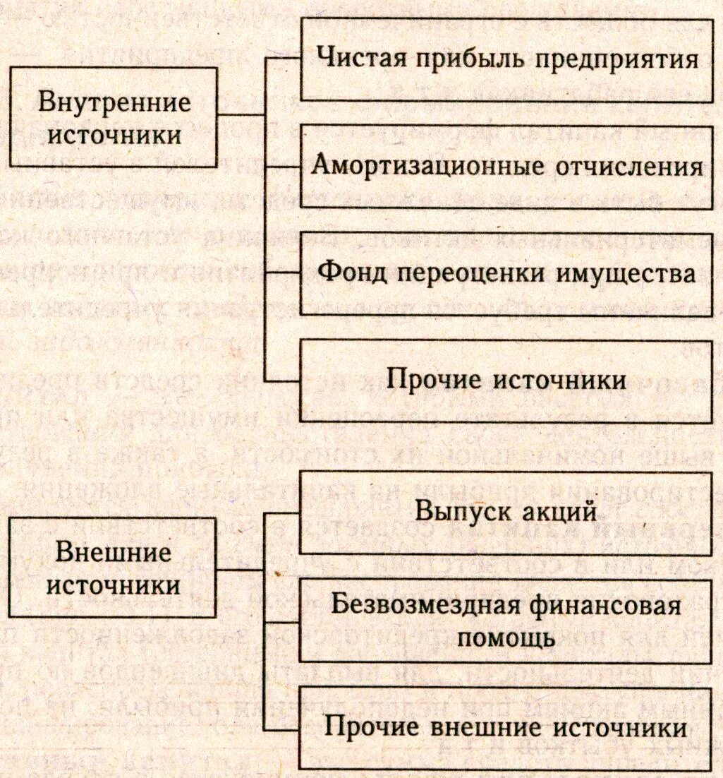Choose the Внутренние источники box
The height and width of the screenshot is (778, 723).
tap(114, 117)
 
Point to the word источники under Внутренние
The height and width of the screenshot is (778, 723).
tap(114, 134)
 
